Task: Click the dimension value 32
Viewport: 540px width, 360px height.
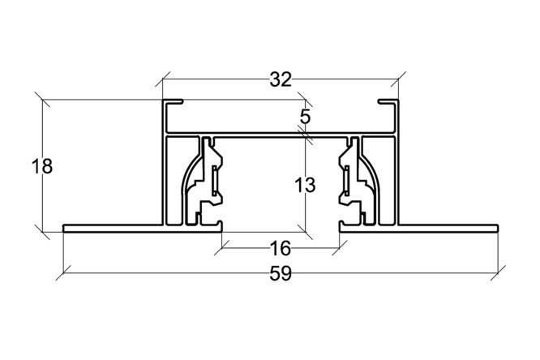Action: click(281, 79)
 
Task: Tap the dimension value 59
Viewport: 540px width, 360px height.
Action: click(281, 274)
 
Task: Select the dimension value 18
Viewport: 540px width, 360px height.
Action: click(42, 166)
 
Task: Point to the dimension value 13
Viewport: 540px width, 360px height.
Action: click(305, 185)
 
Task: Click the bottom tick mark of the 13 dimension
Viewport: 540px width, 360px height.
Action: click(306, 232)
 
